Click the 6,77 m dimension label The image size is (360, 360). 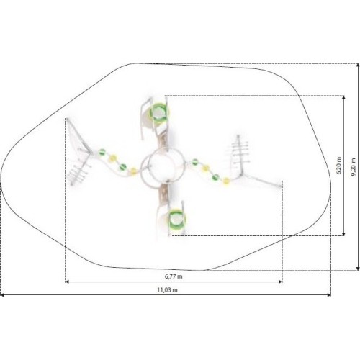[x=174, y=276]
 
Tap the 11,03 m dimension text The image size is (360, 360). [x=168, y=290]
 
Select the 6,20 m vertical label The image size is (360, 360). [x=339, y=166]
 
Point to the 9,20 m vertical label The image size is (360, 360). [x=354, y=167]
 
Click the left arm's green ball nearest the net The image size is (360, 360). [x=102, y=152]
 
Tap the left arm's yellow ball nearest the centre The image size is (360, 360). [x=133, y=171]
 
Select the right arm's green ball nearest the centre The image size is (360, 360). [x=195, y=162]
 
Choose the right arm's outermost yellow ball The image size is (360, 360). [x=226, y=181]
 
